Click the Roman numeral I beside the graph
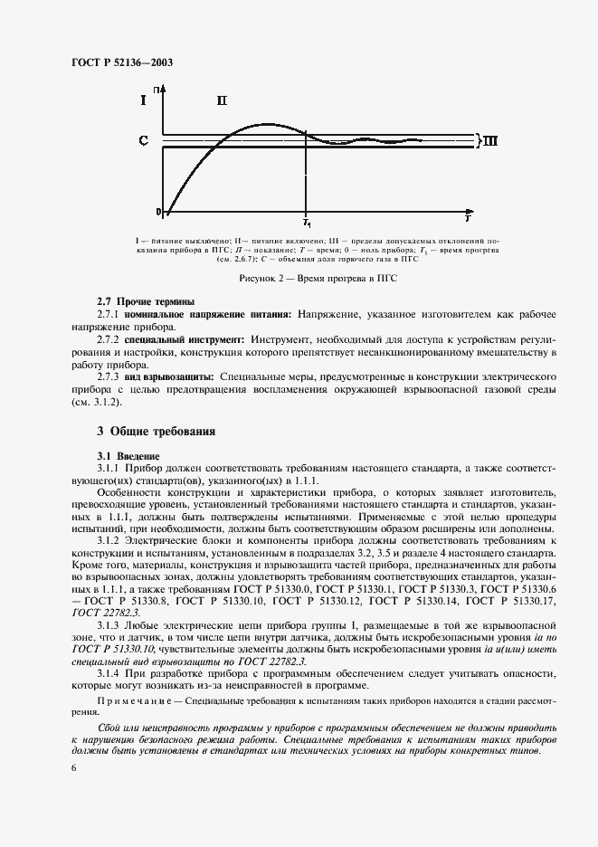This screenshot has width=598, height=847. click(142, 101)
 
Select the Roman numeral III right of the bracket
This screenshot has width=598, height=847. click(489, 141)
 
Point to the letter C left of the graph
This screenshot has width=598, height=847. click(143, 141)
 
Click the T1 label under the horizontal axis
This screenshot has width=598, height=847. click(307, 222)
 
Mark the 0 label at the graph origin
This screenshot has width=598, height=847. click(158, 212)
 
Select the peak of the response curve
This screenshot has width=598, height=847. click(264, 124)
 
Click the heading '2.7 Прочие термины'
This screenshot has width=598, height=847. click(146, 300)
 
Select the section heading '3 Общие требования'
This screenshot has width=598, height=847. click(157, 433)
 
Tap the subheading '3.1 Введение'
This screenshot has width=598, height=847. click(128, 455)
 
